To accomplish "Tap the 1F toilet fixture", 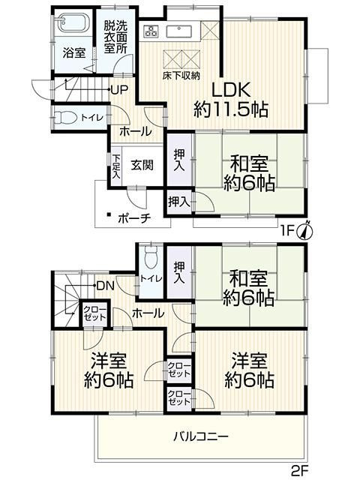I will pos(67,118).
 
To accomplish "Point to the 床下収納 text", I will pos(180,76).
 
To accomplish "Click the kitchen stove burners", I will pos(152,31).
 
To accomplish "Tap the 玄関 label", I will pos(142,166).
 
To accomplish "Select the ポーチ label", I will pos(134,217).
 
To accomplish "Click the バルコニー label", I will pos(200,436).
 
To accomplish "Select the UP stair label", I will pos(119,90).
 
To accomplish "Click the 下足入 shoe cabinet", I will pos(116,166).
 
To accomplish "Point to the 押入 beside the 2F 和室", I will pos(179,272).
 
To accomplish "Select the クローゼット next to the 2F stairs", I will pos(94,313).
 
